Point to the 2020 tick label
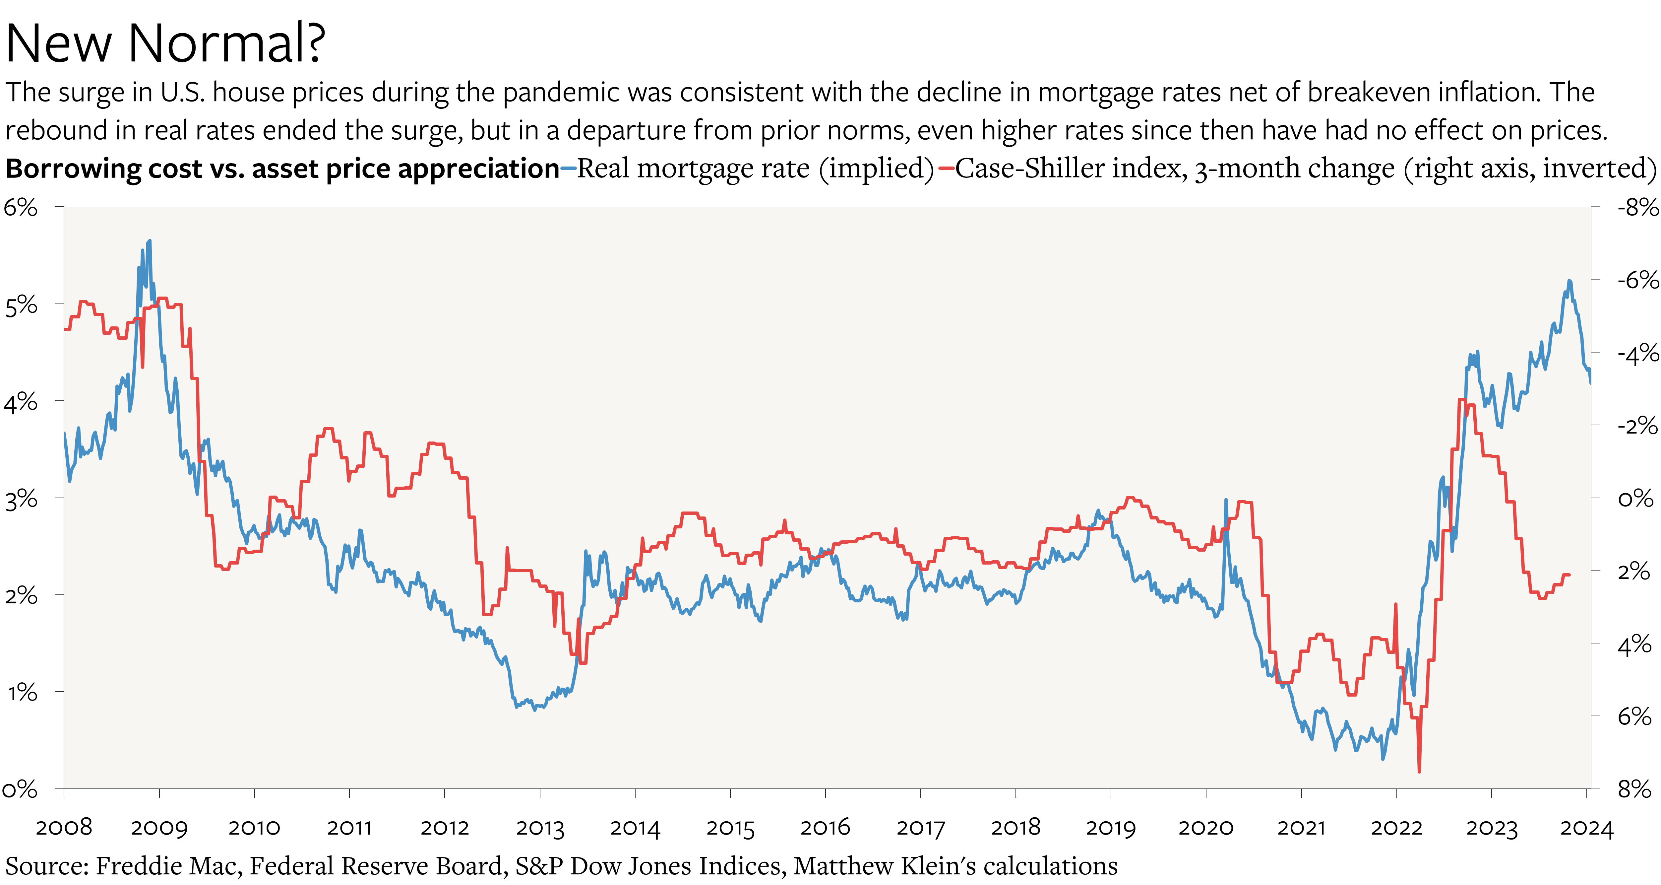[x=1206, y=828]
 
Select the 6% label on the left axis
[x=21, y=208]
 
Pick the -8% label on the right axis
[x=1636, y=208]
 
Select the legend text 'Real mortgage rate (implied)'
[x=755, y=169]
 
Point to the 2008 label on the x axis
[x=64, y=828]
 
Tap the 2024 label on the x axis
[x=1586, y=828]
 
